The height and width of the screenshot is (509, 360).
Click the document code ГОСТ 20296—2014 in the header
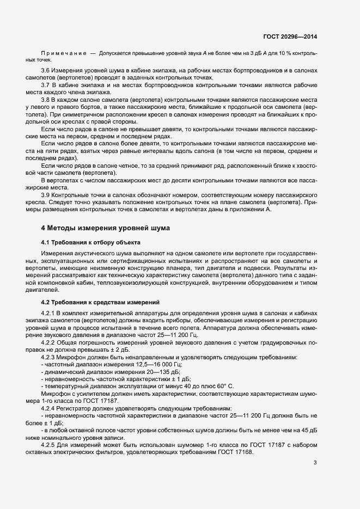(x=290, y=36)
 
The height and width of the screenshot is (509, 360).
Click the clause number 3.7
(x=45, y=86)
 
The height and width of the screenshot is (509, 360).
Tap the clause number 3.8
(x=45, y=100)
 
